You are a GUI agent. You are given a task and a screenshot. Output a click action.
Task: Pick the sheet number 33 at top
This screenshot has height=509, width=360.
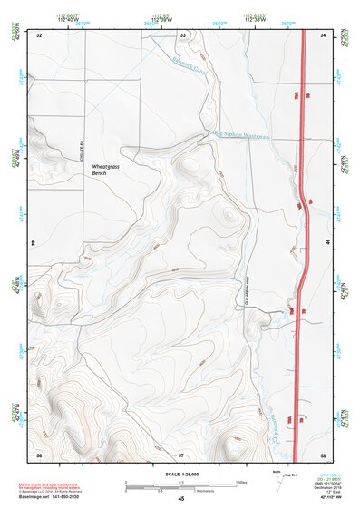(x=181, y=35)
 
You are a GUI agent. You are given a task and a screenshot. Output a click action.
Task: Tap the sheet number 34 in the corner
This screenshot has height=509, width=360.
(x=324, y=35)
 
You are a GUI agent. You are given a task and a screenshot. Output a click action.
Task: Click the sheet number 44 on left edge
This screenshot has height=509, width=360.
(x=33, y=244)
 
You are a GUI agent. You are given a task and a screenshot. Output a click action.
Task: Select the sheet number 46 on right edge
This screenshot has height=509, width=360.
(x=327, y=244)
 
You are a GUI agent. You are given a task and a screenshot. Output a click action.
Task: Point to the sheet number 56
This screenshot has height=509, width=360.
(x=39, y=453)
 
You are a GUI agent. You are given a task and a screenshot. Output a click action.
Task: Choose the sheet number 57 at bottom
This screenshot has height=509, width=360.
(x=181, y=453)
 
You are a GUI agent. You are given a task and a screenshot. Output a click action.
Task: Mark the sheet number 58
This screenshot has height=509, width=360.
(x=324, y=453)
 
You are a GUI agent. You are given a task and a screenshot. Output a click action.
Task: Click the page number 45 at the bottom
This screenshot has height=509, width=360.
(x=181, y=499)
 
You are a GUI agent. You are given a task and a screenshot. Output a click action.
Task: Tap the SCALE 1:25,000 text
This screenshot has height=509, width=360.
(x=181, y=474)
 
